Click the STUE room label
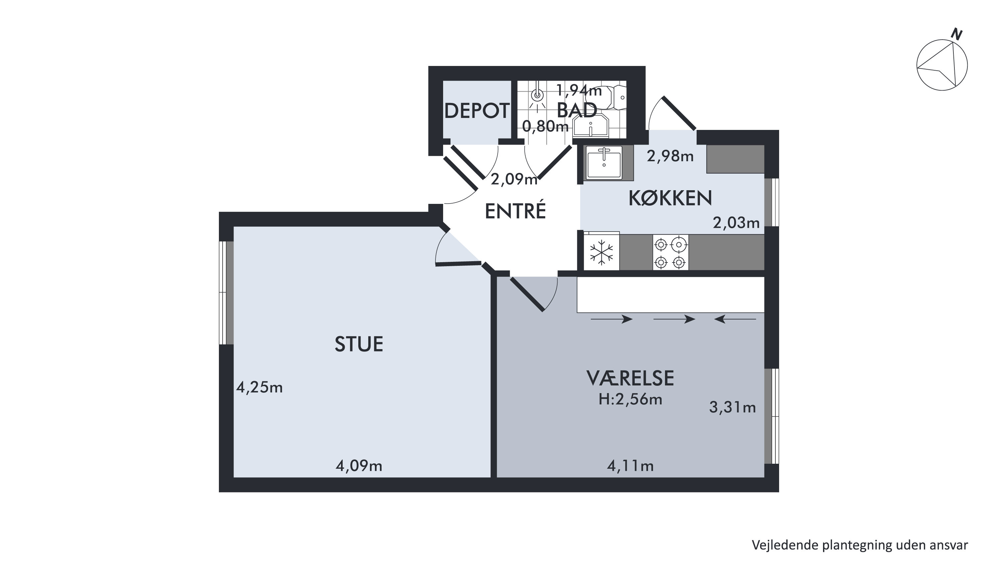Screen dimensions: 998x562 (359, 344)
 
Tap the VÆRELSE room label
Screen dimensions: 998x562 (630, 378)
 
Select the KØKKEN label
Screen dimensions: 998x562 (670, 198)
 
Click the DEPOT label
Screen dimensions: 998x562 (476, 111)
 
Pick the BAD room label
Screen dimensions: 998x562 (577, 110)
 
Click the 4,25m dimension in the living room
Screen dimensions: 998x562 (259, 387)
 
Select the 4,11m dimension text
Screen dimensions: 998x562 (630, 466)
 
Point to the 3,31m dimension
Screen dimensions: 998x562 (733, 407)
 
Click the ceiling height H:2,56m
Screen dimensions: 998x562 (630, 399)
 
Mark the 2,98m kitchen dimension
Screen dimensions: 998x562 (670, 156)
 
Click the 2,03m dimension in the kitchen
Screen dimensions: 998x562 (736, 223)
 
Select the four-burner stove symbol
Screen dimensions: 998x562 (671, 253)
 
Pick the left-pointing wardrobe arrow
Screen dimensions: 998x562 (735, 319)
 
